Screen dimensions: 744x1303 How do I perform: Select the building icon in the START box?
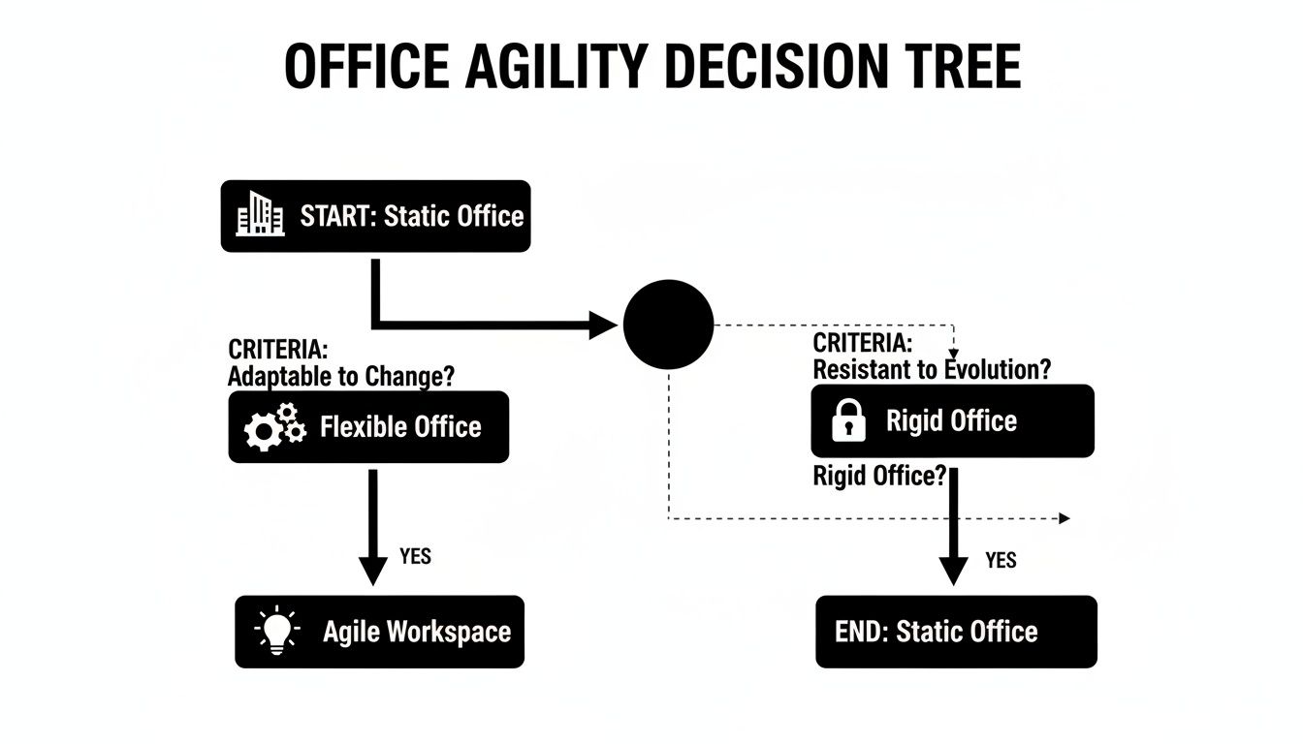tap(261, 214)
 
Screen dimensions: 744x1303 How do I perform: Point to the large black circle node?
tap(668, 325)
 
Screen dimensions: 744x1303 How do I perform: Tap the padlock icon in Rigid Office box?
tap(848, 421)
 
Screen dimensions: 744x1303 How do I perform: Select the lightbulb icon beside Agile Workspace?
tap(278, 632)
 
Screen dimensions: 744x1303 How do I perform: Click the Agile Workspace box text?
tap(416, 632)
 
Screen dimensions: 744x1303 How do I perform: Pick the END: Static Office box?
tap(956, 632)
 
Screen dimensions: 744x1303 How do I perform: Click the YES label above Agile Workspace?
tap(415, 557)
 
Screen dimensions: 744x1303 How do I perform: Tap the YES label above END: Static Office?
tap(1001, 560)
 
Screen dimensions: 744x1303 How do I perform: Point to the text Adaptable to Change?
tap(341, 376)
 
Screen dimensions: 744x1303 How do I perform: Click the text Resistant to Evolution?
tap(932, 369)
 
